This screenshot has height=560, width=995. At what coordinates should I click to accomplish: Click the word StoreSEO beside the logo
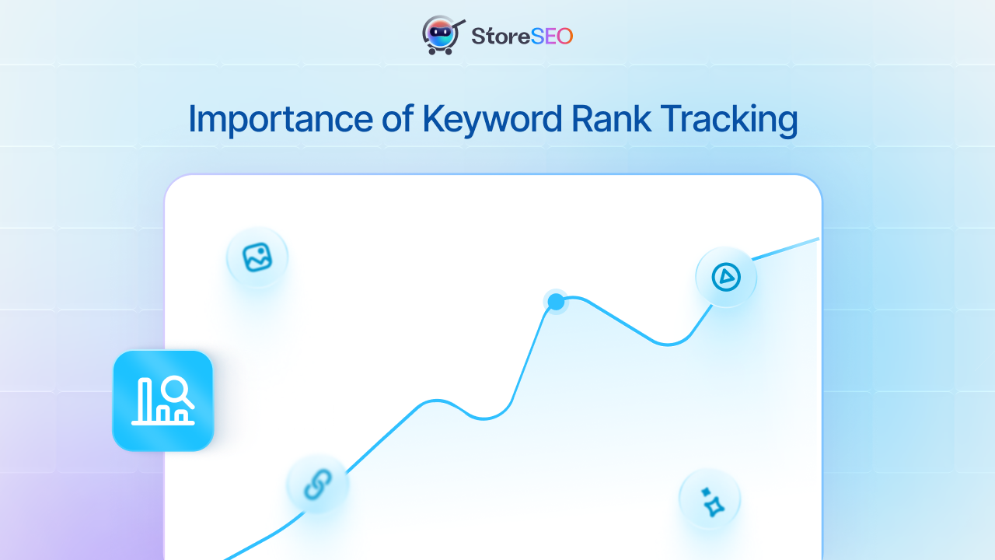(522, 36)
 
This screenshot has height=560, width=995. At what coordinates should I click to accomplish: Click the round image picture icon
(257, 257)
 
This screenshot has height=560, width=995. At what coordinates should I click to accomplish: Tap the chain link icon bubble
(317, 485)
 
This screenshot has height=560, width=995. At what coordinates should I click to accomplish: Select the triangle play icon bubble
(726, 276)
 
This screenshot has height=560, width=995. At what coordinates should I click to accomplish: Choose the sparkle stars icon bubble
(710, 499)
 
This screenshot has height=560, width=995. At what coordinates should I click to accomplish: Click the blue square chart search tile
(163, 401)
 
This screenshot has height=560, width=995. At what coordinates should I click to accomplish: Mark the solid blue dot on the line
(556, 301)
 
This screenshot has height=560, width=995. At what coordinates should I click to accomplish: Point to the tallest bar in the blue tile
(145, 401)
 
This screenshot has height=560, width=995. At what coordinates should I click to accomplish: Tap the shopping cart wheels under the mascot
(440, 52)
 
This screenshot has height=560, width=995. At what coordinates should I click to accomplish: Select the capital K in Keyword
(433, 119)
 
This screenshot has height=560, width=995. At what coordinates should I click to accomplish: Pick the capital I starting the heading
(193, 119)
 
